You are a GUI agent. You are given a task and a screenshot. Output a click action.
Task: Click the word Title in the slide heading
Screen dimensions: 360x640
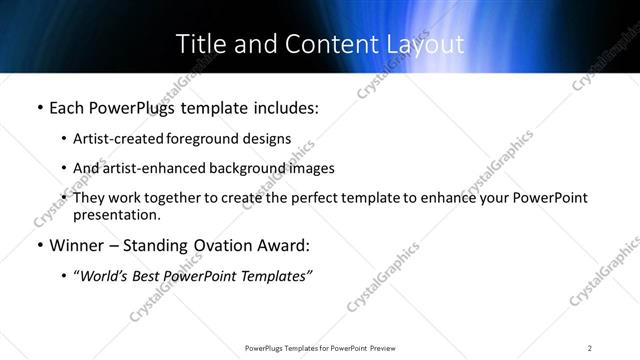pos(200,44)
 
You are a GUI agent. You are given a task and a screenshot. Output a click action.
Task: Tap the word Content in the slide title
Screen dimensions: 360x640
pos(319,44)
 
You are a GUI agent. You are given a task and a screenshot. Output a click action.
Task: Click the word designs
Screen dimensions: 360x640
pos(265,139)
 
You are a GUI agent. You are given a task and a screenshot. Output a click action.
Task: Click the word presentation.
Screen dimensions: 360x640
pos(116,215)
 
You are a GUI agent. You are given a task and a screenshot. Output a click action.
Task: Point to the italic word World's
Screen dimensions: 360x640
pos(106,277)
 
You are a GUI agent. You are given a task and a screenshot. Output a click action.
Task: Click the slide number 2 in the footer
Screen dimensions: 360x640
pos(590,347)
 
